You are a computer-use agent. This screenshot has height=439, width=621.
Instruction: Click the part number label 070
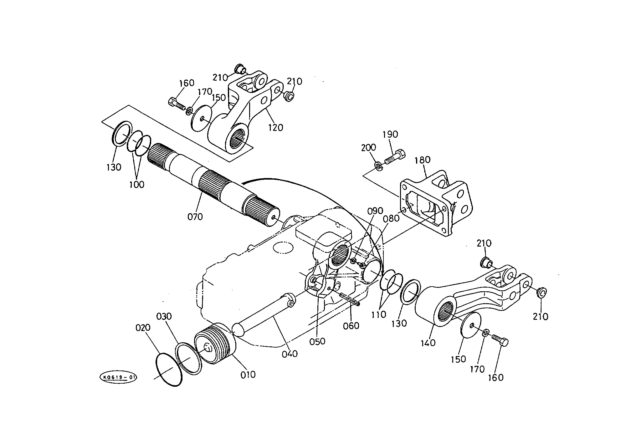tap(195, 217)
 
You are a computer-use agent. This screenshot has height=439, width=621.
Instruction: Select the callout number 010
tap(248, 375)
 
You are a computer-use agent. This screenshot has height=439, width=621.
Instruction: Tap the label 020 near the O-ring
tap(143, 328)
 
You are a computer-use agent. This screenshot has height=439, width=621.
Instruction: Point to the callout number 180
tap(423, 160)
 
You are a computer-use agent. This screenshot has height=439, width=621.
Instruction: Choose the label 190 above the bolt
tap(390, 134)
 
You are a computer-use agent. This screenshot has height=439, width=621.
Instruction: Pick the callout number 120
tap(275, 128)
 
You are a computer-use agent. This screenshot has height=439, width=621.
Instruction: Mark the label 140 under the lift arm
tap(428, 343)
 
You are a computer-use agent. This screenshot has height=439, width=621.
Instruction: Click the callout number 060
tap(351, 326)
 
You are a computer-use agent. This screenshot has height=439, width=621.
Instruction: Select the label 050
tap(317, 341)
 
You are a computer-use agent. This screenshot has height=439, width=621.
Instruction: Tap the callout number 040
tap(290, 354)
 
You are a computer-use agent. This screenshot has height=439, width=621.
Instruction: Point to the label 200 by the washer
tap(368, 148)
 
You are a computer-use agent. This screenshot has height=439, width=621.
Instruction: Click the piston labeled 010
tap(215, 344)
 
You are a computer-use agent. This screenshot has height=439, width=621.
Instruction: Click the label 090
tap(375, 211)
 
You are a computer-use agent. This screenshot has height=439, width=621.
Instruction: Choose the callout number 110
tap(379, 314)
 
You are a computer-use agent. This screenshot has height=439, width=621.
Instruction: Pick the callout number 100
tap(137, 184)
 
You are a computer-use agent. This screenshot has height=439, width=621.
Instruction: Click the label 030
tap(164, 317)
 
